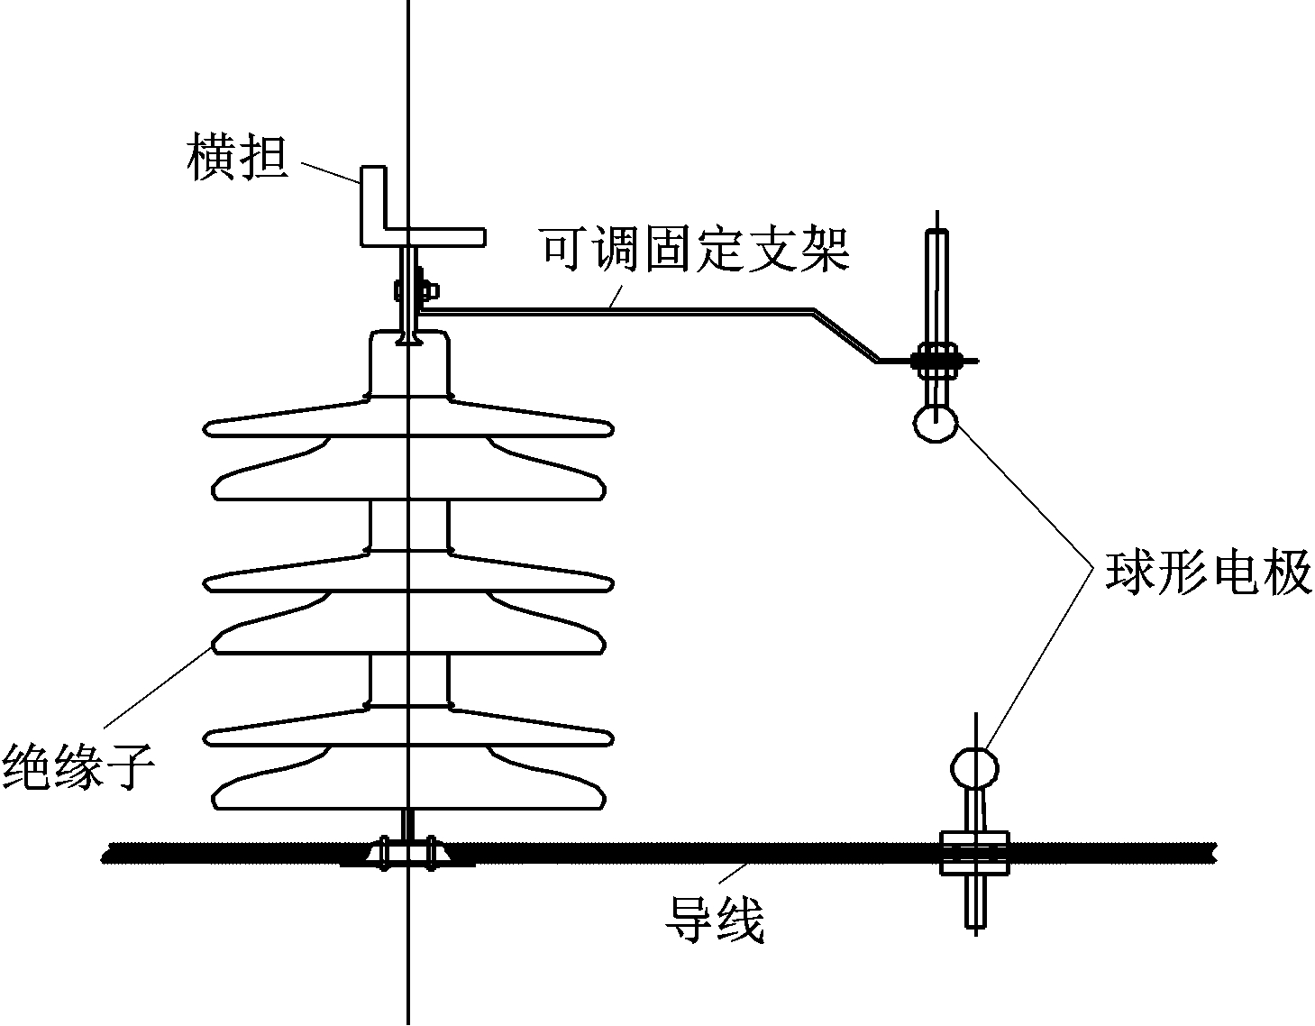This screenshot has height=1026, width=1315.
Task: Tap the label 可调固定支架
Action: [695, 250]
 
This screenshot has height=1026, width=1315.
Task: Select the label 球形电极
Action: [1208, 573]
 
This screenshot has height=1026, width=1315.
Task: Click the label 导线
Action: [715, 920]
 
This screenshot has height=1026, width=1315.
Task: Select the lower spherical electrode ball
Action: [974, 768]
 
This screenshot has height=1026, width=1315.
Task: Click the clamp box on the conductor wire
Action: [974, 853]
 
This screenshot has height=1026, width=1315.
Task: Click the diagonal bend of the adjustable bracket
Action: [845, 335]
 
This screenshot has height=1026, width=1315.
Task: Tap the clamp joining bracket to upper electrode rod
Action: [937, 360]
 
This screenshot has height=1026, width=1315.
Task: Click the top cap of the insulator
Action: [409, 364]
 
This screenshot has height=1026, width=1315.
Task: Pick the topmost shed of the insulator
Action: [409, 424]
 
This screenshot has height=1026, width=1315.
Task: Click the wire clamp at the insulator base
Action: [407, 852]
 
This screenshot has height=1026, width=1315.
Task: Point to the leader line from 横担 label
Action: [330, 172]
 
